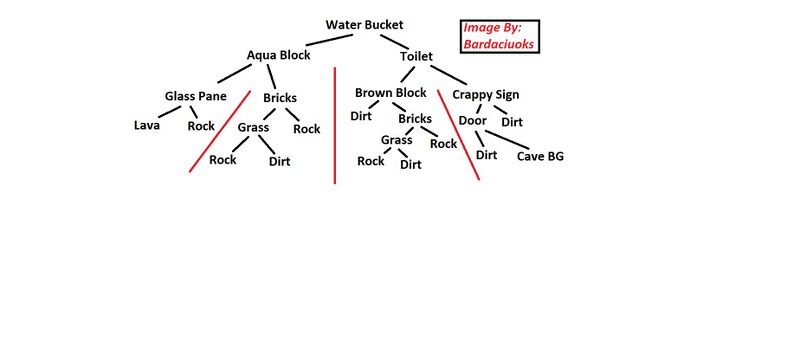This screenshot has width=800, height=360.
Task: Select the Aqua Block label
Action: pos(279,56)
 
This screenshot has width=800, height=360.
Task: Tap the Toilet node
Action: pos(416,57)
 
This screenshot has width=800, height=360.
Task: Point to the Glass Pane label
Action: pos(195,96)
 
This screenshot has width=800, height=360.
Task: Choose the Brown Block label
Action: pos(390,93)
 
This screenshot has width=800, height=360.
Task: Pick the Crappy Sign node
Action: pos(485,95)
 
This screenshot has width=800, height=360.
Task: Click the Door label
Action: pos(473,121)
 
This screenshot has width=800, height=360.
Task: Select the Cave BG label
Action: pos(540,156)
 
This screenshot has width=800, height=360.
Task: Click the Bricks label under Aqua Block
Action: pos(280,98)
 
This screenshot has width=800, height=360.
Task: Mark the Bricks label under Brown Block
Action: pos(415,119)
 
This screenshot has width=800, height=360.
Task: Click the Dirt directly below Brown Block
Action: pos(361,116)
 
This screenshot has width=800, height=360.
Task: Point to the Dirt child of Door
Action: pos(487,155)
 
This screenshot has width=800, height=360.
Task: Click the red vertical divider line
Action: pos(334,125)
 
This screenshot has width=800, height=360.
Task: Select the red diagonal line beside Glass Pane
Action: pos(220,131)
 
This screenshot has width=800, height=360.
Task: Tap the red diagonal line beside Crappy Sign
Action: pos(459,135)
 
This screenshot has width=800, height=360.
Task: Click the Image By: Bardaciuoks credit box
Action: pos(499,36)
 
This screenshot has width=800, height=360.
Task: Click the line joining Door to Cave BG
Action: pos(509,140)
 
